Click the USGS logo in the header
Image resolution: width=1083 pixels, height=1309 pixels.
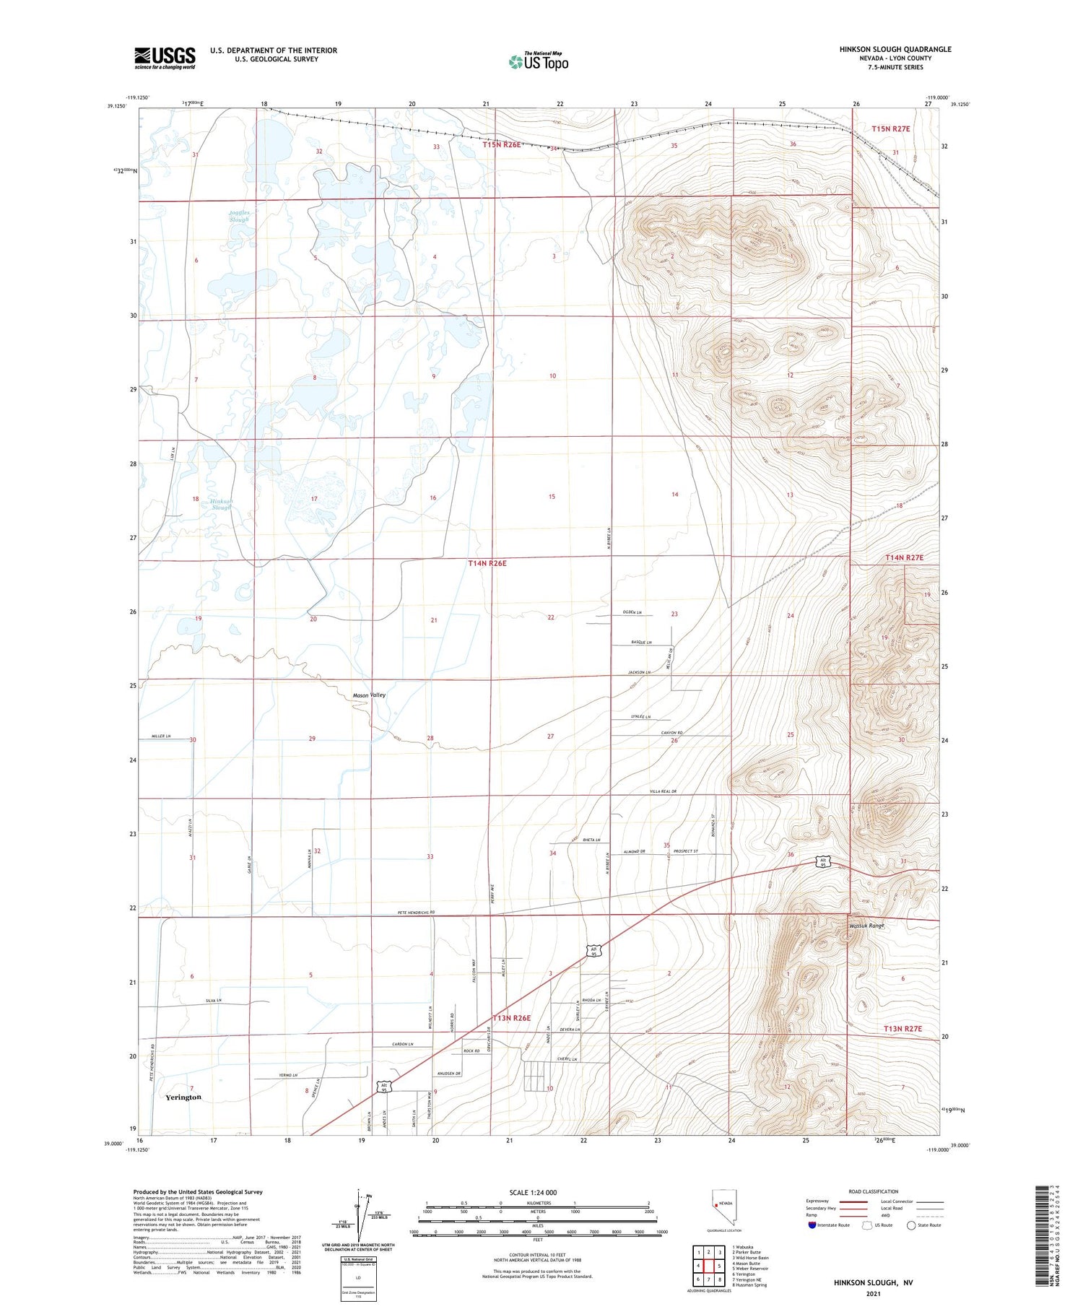point(165,58)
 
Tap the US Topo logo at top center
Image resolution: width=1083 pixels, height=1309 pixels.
point(539,61)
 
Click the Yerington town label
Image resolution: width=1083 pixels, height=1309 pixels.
point(183,1097)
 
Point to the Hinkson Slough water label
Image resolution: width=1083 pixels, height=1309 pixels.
point(221,504)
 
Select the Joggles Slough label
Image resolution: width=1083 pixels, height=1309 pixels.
point(239,216)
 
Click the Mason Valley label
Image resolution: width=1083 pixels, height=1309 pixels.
point(369,695)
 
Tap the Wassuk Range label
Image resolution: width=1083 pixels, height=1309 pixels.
point(866,926)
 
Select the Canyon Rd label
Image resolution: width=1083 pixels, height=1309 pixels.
point(671,734)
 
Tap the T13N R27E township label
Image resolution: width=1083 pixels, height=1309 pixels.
point(903,1028)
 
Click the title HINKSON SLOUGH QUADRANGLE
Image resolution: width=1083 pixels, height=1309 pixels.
point(895,49)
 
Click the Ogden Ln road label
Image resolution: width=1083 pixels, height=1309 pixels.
point(632,612)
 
